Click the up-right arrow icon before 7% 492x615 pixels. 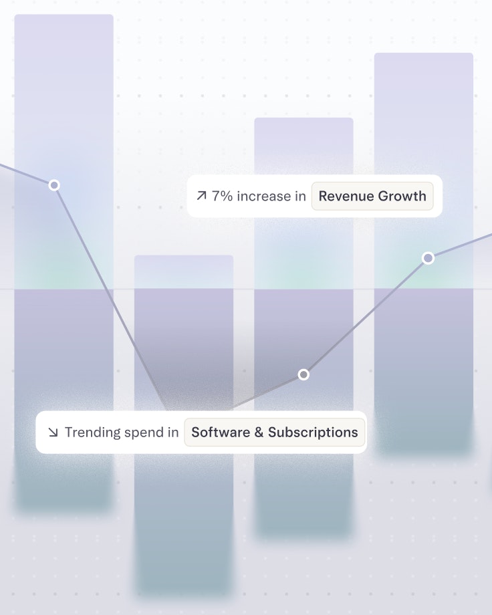click(x=201, y=197)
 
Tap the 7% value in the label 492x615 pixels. click(x=222, y=197)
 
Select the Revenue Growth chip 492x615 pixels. click(x=372, y=197)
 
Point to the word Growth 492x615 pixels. click(x=401, y=197)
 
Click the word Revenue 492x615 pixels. click(x=345, y=197)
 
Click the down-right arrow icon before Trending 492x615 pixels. click(x=53, y=433)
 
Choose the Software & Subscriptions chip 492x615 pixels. click(x=275, y=433)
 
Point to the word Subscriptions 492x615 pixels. click(x=313, y=433)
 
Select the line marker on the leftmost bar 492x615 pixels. click(x=54, y=184)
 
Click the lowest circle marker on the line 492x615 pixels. click(x=303, y=374)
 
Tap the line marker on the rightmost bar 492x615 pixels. click(x=428, y=258)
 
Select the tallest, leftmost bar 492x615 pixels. click(x=64, y=100)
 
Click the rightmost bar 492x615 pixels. click(x=424, y=134)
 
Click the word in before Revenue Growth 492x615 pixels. click(x=300, y=197)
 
